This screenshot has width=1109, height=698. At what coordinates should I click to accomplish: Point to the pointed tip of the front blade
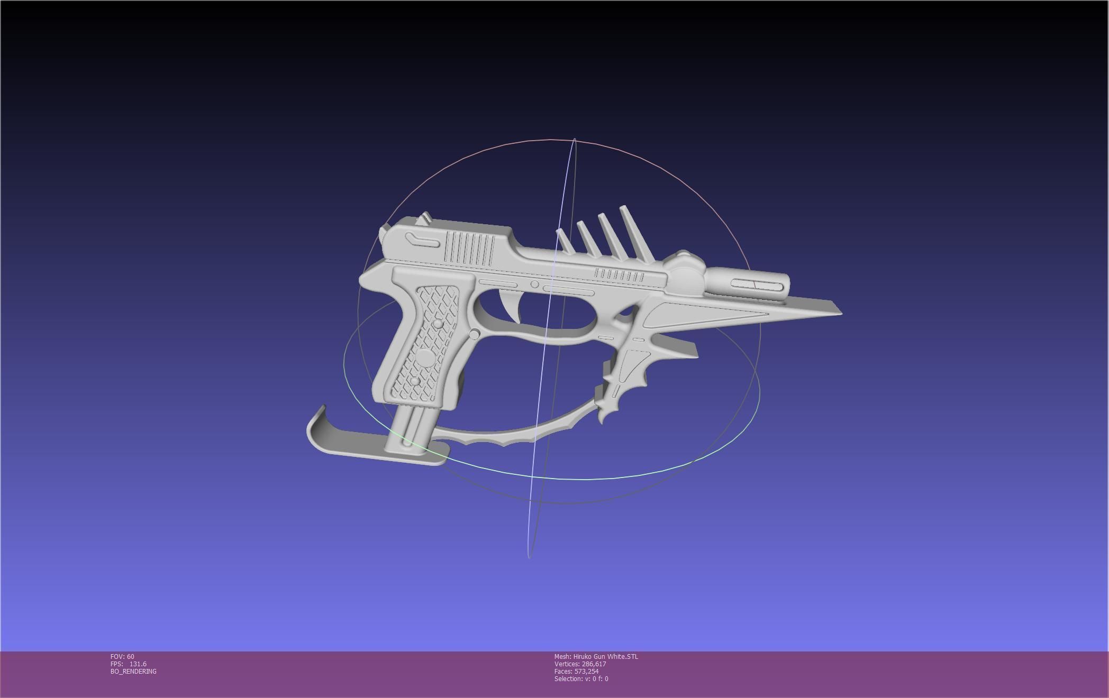pyautogui.click(x=840, y=313)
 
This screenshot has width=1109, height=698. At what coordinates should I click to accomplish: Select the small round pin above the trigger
pyautogui.click(x=535, y=285)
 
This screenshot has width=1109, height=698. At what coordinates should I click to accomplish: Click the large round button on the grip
pyautogui.click(x=425, y=357)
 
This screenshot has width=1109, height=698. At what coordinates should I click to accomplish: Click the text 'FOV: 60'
pyautogui.click(x=122, y=657)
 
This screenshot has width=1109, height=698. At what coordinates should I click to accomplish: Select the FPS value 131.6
pyautogui.click(x=138, y=664)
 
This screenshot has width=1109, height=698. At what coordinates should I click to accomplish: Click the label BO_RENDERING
pyautogui.click(x=133, y=672)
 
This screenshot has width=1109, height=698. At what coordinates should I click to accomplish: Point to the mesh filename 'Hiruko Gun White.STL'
pyautogui.click(x=605, y=657)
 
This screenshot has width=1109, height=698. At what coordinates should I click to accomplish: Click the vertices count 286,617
pyautogui.click(x=594, y=664)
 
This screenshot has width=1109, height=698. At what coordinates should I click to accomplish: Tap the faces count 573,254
pyautogui.click(x=586, y=672)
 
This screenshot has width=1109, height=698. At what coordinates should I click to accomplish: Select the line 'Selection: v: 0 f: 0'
pyautogui.click(x=581, y=679)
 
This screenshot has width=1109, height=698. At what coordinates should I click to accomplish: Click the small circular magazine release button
pyautogui.click(x=475, y=334)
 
